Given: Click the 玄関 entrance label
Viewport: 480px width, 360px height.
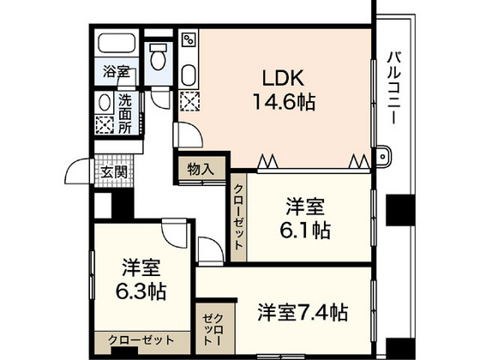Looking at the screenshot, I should (x=114, y=171).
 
